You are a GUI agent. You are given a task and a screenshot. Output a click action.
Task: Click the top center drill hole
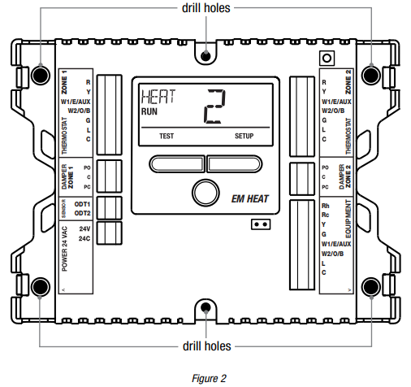coord(205,56)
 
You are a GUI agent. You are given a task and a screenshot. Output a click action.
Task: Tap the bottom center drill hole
coord(205,307)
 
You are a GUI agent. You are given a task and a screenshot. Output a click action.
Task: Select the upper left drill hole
coord(41,75)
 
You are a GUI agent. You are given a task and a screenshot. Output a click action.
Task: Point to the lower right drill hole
coord(370,287)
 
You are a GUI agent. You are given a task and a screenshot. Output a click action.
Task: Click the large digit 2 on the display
coord(214,107)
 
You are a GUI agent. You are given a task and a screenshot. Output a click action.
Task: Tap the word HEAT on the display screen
coord(158,97)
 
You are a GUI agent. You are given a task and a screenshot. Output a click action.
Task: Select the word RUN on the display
coord(149,111)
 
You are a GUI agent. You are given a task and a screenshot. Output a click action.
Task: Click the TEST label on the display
coord(167,136)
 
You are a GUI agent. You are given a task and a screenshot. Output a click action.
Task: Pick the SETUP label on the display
coord(244,136)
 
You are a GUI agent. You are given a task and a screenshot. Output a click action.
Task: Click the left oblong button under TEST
coord(177,164)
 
